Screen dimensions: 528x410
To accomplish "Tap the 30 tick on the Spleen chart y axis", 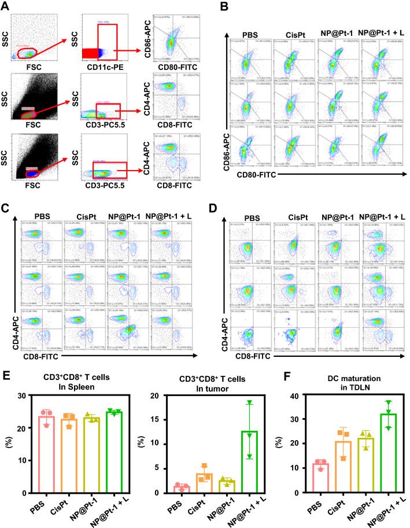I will click(x=27, y=396).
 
